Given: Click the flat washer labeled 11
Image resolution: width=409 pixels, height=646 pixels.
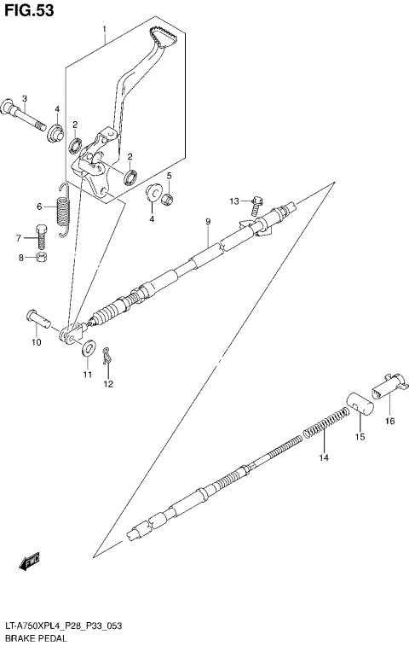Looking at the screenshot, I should (x=87, y=350).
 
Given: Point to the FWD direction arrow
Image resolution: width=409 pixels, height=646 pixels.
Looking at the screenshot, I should (x=29, y=562).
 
